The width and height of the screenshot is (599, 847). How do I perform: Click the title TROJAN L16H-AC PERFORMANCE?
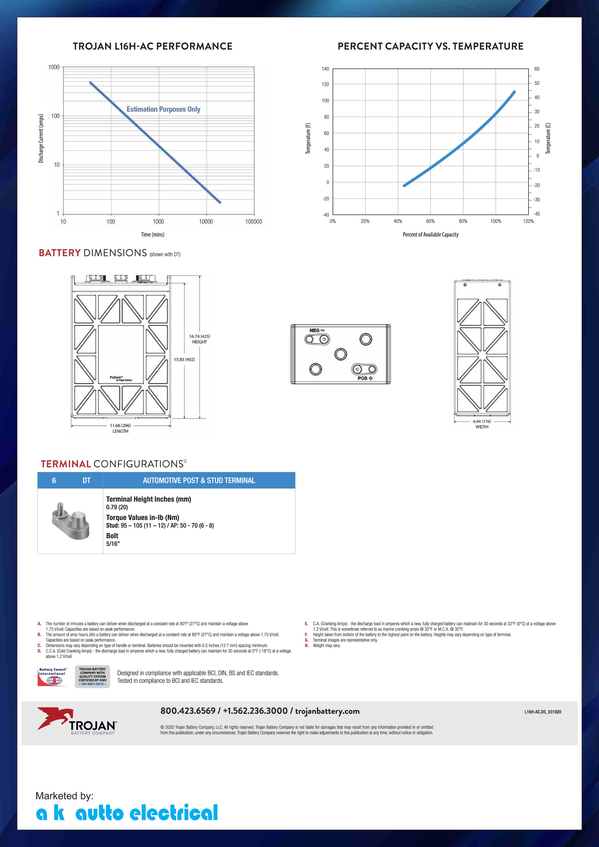point(152,46)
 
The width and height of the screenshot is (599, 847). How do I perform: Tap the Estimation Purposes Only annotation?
point(164,109)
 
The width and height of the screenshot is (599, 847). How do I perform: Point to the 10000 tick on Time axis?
point(206,222)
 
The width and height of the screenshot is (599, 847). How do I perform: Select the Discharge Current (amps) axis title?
point(41,138)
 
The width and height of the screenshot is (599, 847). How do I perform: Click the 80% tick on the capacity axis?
point(463,221)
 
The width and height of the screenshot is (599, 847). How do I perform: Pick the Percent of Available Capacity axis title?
point(430,235)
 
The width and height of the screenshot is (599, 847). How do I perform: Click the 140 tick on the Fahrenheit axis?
point(325,69)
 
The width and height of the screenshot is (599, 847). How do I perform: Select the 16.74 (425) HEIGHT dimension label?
point(200,339)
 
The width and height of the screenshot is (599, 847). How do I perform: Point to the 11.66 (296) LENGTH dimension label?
point(120,428)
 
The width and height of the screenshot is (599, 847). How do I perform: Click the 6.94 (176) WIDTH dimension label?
point(482,424)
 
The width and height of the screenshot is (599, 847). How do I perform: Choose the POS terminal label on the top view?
point(365,378)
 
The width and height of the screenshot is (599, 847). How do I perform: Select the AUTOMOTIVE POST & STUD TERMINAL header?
point(199,480)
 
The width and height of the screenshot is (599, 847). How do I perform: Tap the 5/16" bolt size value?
point(113,544)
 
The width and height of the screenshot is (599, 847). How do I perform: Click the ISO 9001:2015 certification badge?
point(92,676)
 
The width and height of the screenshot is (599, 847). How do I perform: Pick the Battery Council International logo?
point(53,676)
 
